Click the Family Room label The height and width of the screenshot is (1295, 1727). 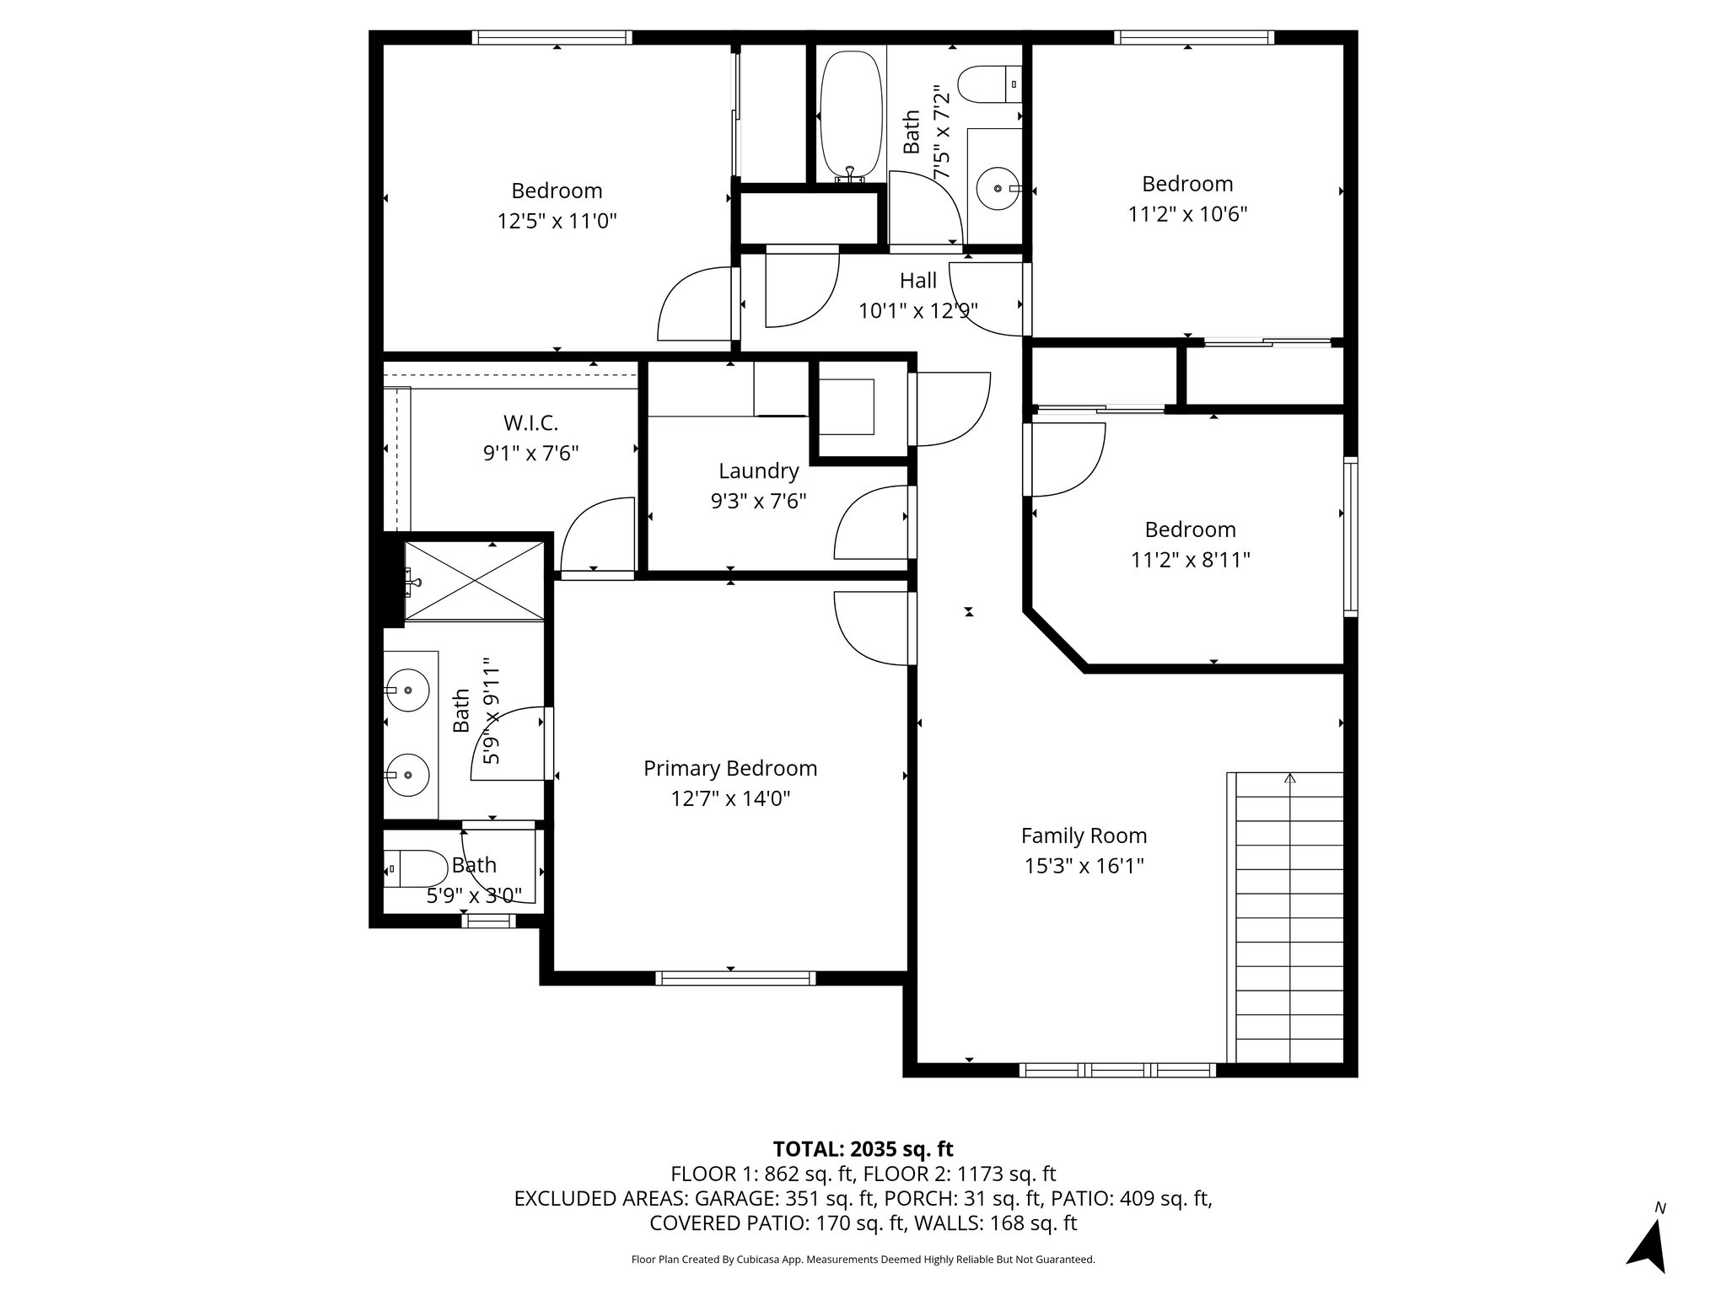coord(1084,836)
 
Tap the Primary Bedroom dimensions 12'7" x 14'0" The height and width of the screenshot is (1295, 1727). coord(730,798)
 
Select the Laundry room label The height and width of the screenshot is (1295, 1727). coord(758,471)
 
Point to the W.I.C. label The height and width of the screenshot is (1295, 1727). coord(530,422)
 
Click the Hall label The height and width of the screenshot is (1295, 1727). coord(917,280)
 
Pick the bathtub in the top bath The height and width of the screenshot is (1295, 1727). coord(851,116)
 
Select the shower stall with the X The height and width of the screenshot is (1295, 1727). coord(474,582)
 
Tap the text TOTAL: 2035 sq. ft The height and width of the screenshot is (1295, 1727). coord(863,1148)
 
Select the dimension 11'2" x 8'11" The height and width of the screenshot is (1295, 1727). coord(1190,559)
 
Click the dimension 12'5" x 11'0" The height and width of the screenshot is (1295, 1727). coord(557,221)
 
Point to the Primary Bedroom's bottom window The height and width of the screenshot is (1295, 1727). coord(735,978)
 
